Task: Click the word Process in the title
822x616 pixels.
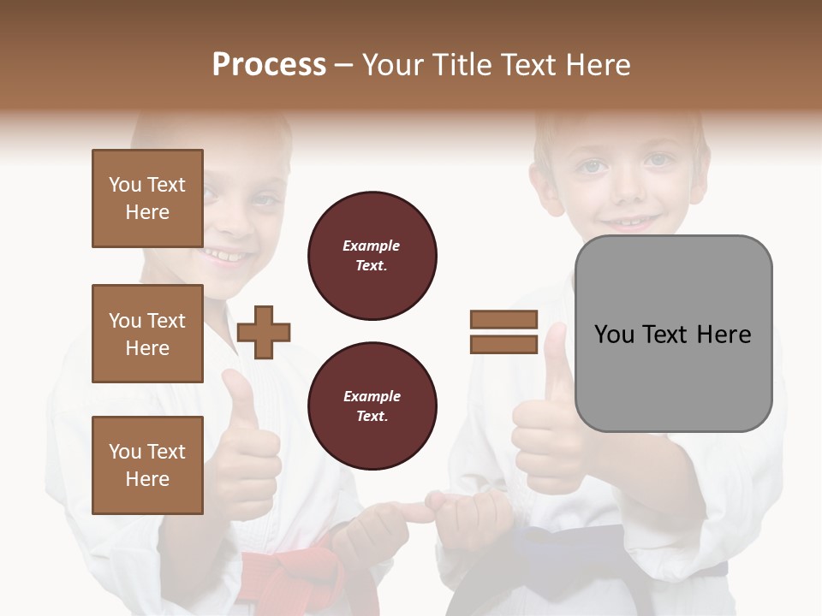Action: (x=269, y=65)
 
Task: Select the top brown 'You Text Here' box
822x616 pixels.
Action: (x=147, y=198)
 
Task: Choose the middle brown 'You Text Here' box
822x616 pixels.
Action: (x=147, y=334)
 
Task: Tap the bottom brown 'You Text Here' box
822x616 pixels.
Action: (x=147, y=465)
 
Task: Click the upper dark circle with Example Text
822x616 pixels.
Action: (x=372, y=255)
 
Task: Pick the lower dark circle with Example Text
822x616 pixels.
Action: (x=372, y=406)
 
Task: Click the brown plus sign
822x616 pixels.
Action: (x=264, y=332)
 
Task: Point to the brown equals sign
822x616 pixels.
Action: (x=503, y=332)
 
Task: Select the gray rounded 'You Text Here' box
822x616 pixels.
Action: (x=673, y=334)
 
